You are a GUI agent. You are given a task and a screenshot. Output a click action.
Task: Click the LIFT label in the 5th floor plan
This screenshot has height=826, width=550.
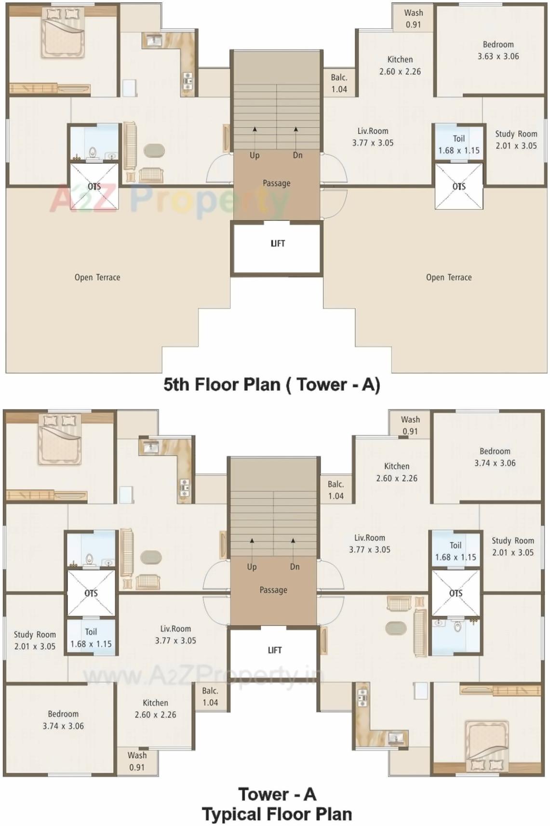pyautogui.click(x=278, y=243)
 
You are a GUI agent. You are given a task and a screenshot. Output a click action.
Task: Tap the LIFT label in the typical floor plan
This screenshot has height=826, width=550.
pyautogui.click(x=274, y=650)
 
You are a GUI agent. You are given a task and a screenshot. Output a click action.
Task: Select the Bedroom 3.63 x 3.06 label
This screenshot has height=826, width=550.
pyautogui.click(x=498, y=50)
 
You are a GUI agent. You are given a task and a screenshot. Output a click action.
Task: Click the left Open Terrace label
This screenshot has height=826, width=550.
pyautogui.click(x=97, y=277)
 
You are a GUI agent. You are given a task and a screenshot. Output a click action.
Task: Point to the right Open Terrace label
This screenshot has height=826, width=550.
pyautogui.click(x=448, y=277)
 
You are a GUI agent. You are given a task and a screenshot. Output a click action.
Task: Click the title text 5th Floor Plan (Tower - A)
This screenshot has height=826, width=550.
pyautogui.click(x=271, y=385)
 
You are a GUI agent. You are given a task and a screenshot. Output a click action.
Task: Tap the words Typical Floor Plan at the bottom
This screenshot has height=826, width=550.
pyautogui.click(x=277, y=814)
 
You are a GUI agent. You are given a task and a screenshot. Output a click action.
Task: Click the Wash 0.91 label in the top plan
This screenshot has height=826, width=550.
pyautogui.click(x=413, y=18)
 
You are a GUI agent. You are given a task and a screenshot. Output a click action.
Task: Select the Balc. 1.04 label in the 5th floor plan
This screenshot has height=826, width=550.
pyautogui.click(x=339, y=83)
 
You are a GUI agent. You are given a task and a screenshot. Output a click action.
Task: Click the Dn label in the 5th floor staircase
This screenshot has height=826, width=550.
pyautogui.click(x=297, y=155)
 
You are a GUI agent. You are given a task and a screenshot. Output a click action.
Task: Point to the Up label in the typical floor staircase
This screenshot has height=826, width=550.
pyautogui.click(x=252, y=567)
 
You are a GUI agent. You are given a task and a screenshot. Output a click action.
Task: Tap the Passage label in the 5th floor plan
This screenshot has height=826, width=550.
pyautogui.click(x=276, y=183)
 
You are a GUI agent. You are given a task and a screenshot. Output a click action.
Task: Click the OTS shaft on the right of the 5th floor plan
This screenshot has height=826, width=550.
pyautogui.click(x=458, y=187)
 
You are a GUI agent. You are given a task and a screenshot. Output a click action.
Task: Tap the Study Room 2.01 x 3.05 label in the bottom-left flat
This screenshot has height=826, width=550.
pyautogui.click(x=35, y=640)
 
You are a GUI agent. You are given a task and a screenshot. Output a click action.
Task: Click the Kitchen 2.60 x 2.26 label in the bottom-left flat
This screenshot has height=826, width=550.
pyautogui.click(x=155, y=708)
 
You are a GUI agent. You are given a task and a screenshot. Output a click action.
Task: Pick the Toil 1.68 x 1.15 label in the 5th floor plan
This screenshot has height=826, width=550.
pyautogui.click(x=458, y=144)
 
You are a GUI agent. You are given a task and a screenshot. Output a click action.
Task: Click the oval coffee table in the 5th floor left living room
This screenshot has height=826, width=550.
pyautogui.click(x=154, y=150)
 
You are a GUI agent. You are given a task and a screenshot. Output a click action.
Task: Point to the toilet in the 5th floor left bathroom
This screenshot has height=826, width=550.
pyautogui.click(x=93, y=153)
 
